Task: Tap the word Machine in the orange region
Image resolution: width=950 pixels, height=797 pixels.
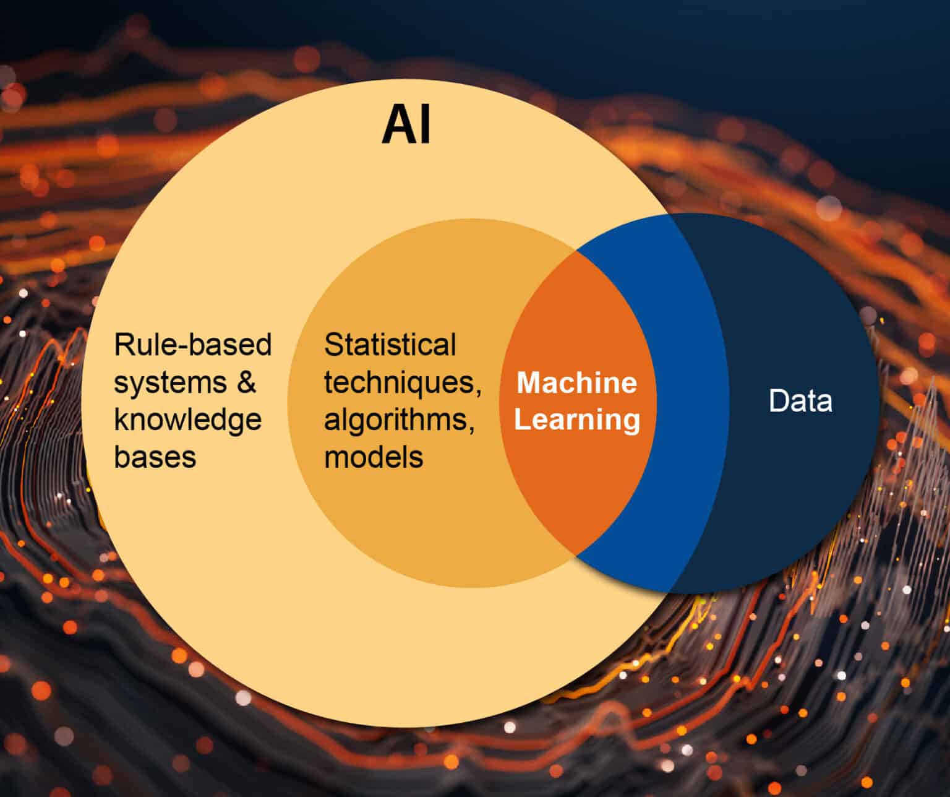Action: point(576,382)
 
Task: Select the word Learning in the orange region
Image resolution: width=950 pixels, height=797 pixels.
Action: point(577,420)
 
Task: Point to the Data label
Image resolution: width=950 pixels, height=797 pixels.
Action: point(800,401)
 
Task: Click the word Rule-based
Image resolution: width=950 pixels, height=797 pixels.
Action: point(193,345)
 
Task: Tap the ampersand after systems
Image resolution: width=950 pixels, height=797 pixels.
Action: point(246,382)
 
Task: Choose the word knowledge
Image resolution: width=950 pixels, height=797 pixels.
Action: point(188,421)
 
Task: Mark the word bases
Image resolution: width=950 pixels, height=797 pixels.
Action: point(155,457)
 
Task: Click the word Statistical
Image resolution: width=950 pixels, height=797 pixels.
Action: point(390,345)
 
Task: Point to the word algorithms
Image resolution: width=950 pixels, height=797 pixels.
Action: point(400,421)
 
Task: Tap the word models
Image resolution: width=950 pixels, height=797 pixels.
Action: point(374,457)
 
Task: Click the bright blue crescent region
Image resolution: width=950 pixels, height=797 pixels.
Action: point(687,402)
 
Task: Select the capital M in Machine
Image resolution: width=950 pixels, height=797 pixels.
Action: point(527,382)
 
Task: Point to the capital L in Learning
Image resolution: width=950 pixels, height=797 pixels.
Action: point(522,420)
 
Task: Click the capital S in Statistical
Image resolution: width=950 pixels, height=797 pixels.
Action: point(333,345)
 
